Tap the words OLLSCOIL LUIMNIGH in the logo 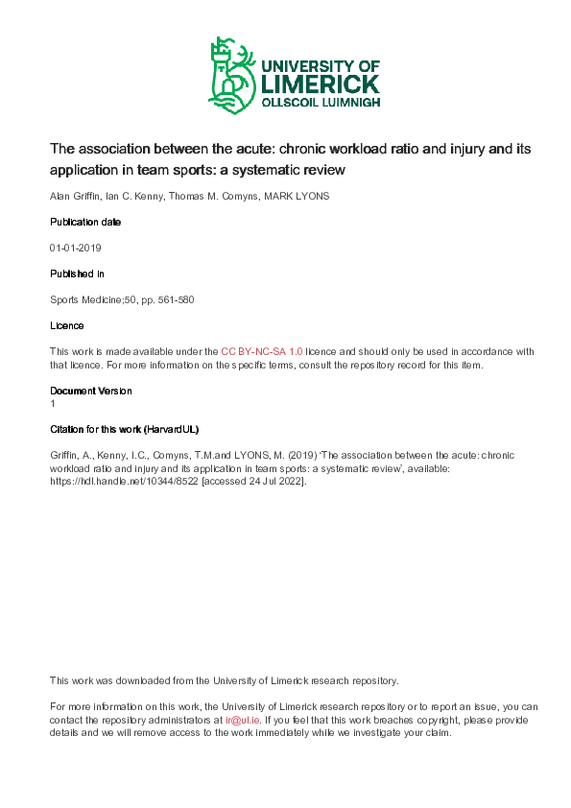pos(321,102)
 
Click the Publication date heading pos(85,222)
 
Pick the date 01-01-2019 pos(76,248)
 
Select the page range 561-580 pos(177,299)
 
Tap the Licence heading pos(66,325)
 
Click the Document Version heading pos(91,391)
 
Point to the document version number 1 pos(53,404)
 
